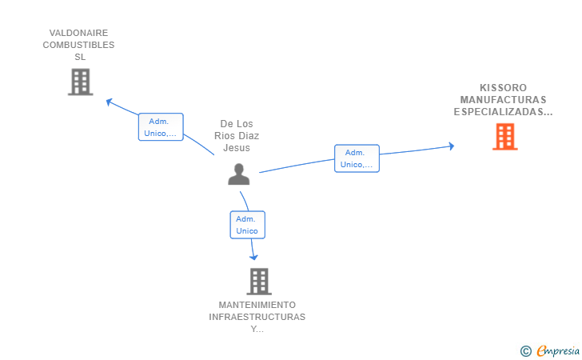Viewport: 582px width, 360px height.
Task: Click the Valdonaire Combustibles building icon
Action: click(x=80, y=82)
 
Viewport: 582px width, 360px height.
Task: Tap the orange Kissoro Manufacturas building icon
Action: click(x=504, y=137)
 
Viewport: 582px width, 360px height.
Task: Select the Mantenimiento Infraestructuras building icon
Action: click(x=258, y=281)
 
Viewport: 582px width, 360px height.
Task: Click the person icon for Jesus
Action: click(x=238, y=174)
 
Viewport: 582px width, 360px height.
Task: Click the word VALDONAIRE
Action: click(x=78, y=33)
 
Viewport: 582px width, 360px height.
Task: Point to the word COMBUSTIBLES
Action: click(x=78, y=45)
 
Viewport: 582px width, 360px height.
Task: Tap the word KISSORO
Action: click(x=503, y=88)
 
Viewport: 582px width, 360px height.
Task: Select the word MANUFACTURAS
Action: click(x=503, y=100)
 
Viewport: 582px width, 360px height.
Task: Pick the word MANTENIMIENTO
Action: click(x=257, y=305)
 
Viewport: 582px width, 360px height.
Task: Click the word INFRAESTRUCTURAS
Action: click(x=257, y=317)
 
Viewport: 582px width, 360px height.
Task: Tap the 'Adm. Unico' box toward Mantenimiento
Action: click(x=247, y=225)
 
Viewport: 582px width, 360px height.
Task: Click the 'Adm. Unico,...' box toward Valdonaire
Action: click(x=161, y=127)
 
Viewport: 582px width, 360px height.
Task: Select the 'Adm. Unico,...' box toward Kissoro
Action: click(x=357, y=158)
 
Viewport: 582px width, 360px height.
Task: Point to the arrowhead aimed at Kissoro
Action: click(x=451, y=146)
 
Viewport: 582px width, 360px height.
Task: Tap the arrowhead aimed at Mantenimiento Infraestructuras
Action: click(x=254, y=257)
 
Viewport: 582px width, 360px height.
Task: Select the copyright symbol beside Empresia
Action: click(x=525, y=350)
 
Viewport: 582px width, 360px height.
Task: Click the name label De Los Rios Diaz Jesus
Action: click(x=237, y=136)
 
